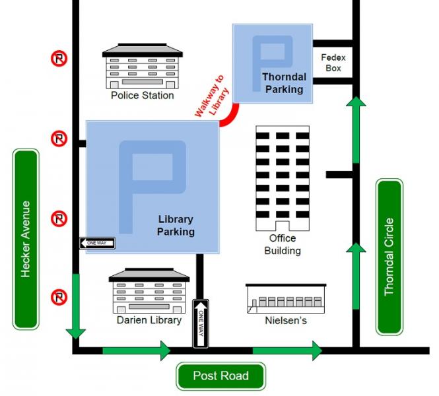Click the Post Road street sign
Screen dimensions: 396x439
(220, 376)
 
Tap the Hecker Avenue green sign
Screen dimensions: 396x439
(26, 239)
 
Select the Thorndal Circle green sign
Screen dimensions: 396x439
(389, 256)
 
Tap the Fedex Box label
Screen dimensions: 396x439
(333, 63)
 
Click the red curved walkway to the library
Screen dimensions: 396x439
(228, 117)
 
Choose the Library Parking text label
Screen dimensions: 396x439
(176, 226)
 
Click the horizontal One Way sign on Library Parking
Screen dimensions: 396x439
(98, 244)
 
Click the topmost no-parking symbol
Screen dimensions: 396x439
(59, 59)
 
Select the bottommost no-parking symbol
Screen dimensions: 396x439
(59, 298)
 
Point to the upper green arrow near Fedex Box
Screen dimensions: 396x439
(356, 129)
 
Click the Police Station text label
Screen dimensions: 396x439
(142, 96)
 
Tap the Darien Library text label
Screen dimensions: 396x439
(149, 321)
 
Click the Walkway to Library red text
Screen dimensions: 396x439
(211, 97)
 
